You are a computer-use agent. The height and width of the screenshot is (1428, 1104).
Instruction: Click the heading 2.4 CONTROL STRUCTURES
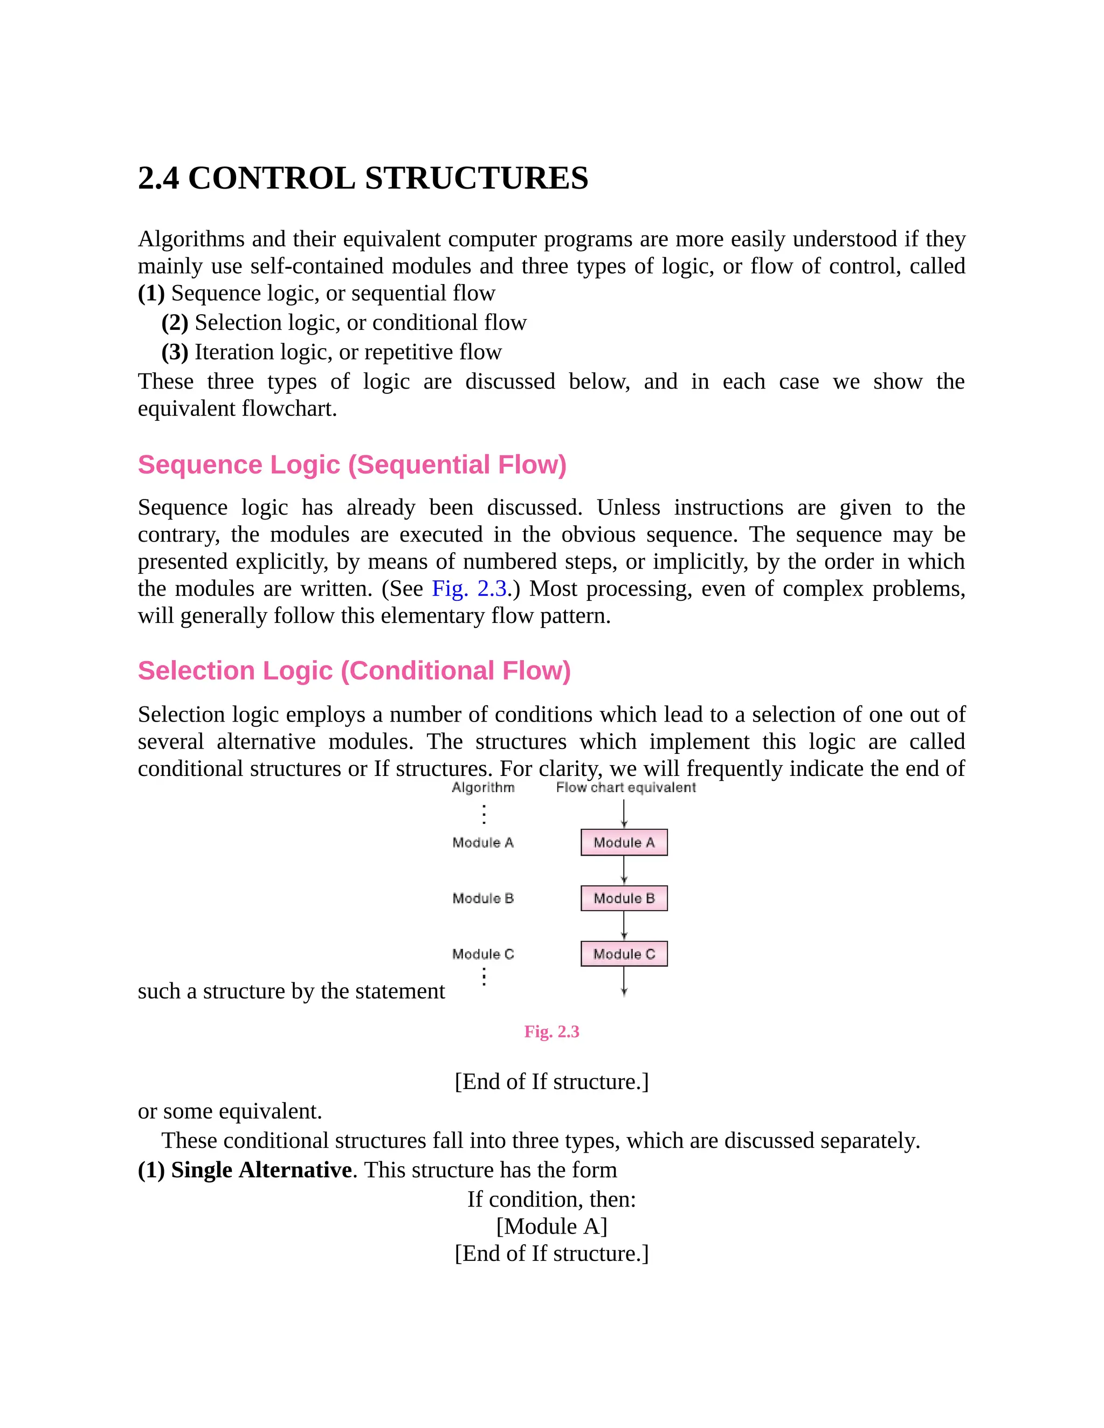tap(363, 178)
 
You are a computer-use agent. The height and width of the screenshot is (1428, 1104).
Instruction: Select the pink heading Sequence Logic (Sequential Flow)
tap(352, 465)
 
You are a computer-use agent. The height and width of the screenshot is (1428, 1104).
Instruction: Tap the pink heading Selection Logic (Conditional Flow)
tap(354, 671)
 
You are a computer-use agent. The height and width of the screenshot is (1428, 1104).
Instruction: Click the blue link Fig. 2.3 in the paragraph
tap(469, 588)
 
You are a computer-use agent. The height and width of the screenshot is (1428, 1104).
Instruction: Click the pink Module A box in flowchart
tap(624, 842)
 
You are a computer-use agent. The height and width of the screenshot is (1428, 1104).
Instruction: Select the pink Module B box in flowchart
tap(624, 898)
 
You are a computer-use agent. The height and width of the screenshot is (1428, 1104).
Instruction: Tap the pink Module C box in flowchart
tap(624, 954)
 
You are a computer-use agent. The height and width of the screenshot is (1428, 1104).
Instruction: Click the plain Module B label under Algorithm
tap(482, 898)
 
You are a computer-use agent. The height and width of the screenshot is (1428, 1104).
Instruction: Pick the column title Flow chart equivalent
tap(625, 787)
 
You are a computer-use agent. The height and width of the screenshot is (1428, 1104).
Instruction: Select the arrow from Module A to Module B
tap(624, 870)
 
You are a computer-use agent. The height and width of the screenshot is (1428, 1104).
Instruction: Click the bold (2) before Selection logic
tap(175, 322)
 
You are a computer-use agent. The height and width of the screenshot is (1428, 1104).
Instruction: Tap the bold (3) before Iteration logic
tap(175, 352)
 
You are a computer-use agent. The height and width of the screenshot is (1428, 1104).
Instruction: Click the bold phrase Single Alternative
tap(261, 1170)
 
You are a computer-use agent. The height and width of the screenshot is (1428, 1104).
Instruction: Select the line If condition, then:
tap(551, 1199)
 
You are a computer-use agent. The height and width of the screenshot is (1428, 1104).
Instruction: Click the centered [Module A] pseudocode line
tap(551, 1226)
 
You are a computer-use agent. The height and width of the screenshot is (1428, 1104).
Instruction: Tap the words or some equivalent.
tap(230, 1111)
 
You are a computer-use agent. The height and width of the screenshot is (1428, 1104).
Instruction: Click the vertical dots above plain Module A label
tap(484, 814)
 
